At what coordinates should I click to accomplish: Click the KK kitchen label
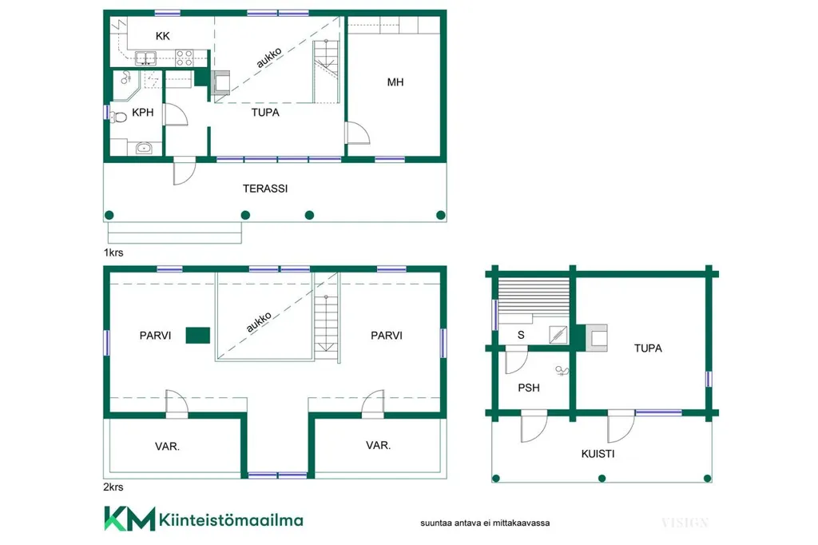(163, 36)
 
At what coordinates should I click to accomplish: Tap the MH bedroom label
(395, 82)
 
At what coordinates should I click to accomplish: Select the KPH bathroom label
(142, 112)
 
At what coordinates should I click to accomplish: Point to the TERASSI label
(265, 189)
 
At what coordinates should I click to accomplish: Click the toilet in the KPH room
(119, 117)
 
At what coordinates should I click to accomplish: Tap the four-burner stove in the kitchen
(185, 58)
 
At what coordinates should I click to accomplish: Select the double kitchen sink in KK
(145, 58)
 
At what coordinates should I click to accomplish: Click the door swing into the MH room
(358, 133)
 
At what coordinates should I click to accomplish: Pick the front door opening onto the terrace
(185, 171)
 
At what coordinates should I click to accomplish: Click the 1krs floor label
(113, 253)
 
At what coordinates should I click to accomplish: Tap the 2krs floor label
(113, 487)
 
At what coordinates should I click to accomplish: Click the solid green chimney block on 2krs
(198, 335)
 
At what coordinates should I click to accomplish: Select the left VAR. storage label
(167, 447)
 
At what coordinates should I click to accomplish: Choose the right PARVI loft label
(387, 335)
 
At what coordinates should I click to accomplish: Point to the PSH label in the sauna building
(529, 388)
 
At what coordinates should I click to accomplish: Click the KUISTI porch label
(598, 454)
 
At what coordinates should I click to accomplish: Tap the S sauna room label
(521, 335)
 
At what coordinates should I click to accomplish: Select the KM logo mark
(130, 519)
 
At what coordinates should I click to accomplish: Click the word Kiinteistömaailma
(231, 520)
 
